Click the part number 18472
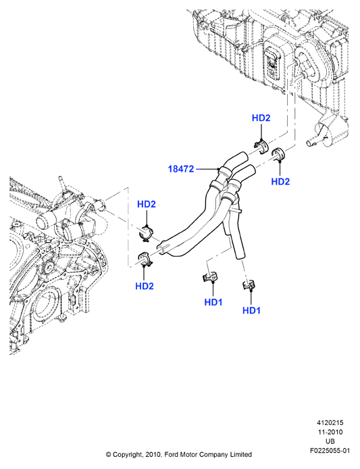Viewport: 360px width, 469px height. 181,169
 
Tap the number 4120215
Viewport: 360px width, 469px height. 330,423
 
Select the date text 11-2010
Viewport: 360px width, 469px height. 330,433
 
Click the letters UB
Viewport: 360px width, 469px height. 330,441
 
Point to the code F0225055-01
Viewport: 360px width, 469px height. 330,451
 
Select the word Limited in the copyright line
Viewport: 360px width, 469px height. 240,455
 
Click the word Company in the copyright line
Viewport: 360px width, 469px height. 213,455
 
